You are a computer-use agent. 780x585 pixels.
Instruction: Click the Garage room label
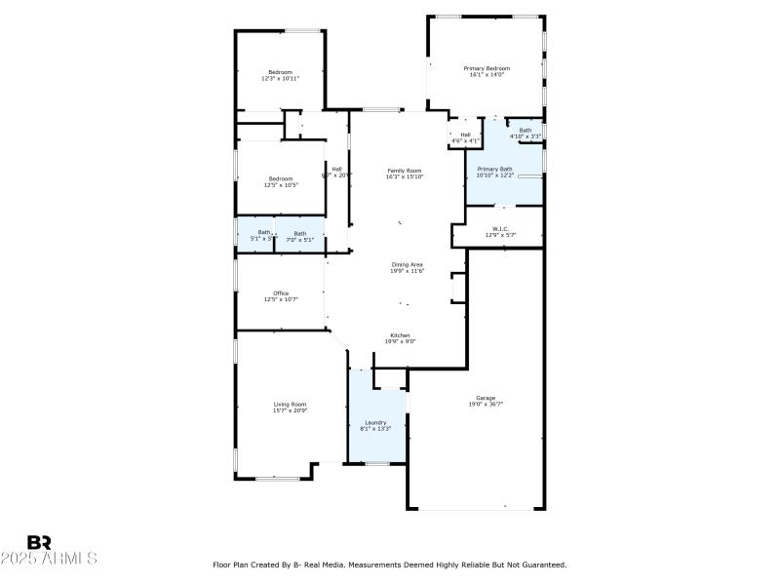486,398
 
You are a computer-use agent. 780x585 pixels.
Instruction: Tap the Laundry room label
375,422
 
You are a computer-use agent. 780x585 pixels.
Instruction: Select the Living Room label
290,405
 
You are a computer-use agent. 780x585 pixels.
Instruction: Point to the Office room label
281,293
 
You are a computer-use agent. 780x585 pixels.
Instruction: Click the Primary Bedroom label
487,68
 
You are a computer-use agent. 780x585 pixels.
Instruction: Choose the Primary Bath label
494,169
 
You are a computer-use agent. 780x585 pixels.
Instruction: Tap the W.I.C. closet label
500,229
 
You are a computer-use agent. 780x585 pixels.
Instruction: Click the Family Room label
404,171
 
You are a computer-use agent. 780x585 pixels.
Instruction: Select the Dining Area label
407,265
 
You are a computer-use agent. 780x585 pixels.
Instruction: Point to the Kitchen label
401,335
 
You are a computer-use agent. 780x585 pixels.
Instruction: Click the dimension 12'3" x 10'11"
280,79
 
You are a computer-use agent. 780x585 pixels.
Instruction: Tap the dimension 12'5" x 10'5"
280,185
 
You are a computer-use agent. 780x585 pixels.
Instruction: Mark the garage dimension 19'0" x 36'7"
486,404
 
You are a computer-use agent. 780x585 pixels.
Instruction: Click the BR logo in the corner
39,542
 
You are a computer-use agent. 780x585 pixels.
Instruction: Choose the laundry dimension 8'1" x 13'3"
375,428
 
